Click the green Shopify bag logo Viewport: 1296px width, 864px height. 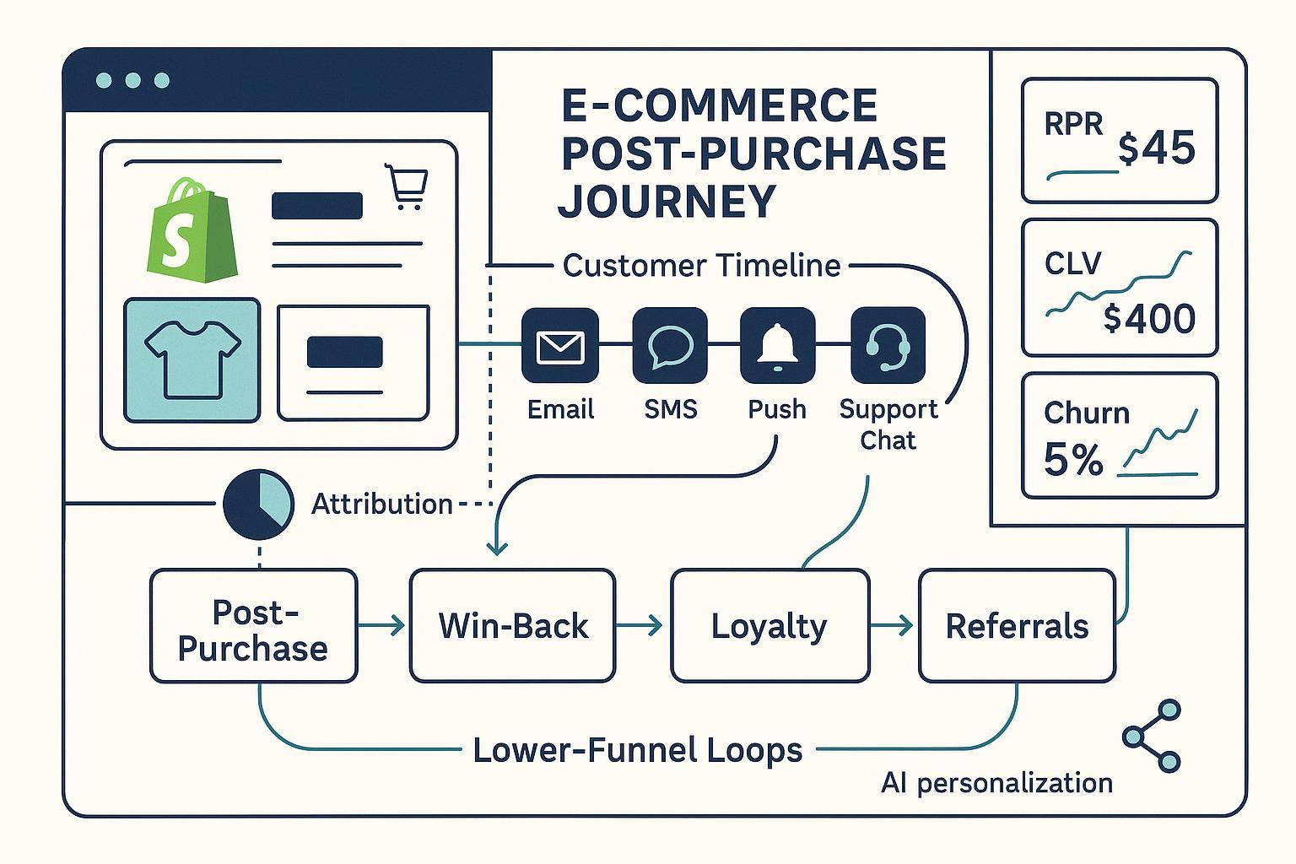point(192,226)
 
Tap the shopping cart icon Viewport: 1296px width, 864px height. point(407,186)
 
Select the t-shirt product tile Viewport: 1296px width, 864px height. point(192,360)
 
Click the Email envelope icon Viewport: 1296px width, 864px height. point(560,346)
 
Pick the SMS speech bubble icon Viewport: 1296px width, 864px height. point(670,346)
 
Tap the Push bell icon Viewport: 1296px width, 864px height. point(777,346)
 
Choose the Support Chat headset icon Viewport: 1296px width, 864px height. point(888,346)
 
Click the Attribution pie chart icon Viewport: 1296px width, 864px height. point(258,505)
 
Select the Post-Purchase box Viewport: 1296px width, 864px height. point(253,626)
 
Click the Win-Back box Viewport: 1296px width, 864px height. point(512,626)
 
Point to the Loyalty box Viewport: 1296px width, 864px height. point(769,626)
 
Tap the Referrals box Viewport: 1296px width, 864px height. point(1017,626)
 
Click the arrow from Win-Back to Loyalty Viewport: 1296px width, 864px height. point(642,626)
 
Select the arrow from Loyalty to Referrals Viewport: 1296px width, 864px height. point(894,626)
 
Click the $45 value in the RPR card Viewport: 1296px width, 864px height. point(1157,149)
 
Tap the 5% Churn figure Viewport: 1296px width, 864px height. point(1073,461)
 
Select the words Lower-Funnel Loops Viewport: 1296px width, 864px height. point(637,750)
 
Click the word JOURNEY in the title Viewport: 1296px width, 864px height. point(667,201)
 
